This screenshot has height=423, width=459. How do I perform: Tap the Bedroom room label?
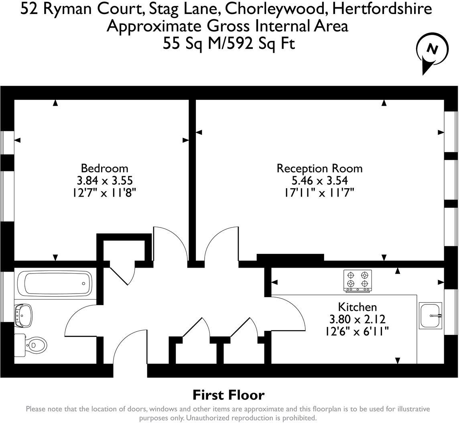click(x=104, y=168)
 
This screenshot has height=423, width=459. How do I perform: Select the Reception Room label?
click(x=320, y=168)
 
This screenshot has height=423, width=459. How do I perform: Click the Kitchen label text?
click(x=357, y=307)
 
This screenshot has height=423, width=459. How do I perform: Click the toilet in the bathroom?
click(x=31, y=345)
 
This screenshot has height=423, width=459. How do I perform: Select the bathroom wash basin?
click(x=23, y=315)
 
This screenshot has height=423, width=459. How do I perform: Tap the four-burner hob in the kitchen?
click(x=357, y=281)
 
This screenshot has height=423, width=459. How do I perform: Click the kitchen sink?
click(x=430, y=316)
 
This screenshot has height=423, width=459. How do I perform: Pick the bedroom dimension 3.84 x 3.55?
click(x=105, y=181)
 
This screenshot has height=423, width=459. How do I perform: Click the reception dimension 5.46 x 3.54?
click(x=320, y=181)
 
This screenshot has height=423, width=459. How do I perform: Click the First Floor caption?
click(x=229, y=395)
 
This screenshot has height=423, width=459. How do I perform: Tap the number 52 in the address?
click(x=29, y=9)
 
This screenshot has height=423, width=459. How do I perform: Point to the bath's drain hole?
click(x=83, y=284)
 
